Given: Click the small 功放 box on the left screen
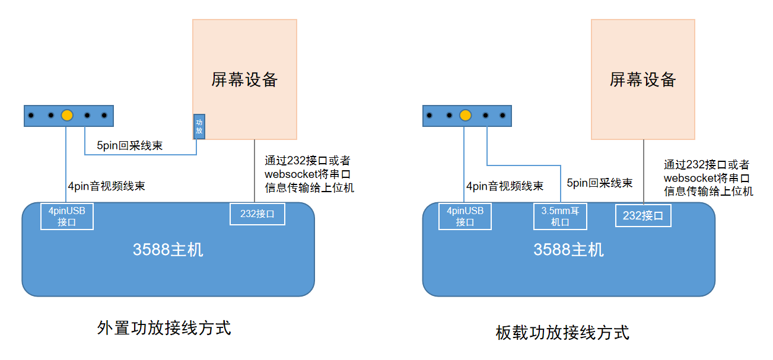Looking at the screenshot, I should pyautogui.click(x=199, y=126).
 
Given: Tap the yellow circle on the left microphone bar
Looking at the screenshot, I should pyautogui.click(x=67, y=115).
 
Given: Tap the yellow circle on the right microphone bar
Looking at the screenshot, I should pyautogui.click(x=465, y=115).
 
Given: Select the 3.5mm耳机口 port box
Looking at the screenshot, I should pyautogui.click(x=560, y=216).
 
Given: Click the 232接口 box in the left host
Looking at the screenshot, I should pyautogui.click(x=257, y=214).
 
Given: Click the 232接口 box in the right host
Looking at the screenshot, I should pyautogui.click(x=643, y=216).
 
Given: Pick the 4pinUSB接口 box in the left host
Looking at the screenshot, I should pyautogui.click(x=66, y=216).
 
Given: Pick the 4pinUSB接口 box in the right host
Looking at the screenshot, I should pyautogui.click(x=465, y=216).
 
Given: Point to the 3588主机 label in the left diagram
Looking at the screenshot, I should pyautogui.click(x=168, y=250).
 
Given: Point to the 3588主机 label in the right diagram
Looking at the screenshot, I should pyautogui.click(x=568, y=250).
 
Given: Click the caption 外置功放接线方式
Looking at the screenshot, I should pyautogui.click(x=164, y=328).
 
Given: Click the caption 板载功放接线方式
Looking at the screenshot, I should pyautogui.click(x=562, y=332).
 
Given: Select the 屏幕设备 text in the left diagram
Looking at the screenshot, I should pyautogui.click(x=244, y=79).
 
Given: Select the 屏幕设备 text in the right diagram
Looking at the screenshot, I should pyautogui.click(x=643, y=79).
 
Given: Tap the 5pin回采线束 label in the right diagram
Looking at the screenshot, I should pyautogui.click(x=600, y=183).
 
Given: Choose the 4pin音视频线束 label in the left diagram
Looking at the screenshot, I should pyautogui.click(x=106, y=186).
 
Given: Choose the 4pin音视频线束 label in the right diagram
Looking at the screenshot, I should pyautogui.click(x=505, y=186).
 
